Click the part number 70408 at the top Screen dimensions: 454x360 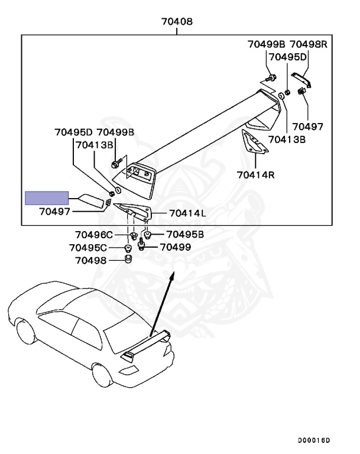pos(177,22)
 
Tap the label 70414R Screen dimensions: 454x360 pos(257,174)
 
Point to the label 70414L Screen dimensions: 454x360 pos(187,213)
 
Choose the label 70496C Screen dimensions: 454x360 pos(93,234)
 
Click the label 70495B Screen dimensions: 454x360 pos(185,234)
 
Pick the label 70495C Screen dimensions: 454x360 pos(88,247)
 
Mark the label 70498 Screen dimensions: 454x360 pos(91,260)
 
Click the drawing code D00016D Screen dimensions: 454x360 pos(314,440)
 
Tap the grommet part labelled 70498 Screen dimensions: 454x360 pos(127,260)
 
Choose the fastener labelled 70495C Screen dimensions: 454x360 pos(128,247)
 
